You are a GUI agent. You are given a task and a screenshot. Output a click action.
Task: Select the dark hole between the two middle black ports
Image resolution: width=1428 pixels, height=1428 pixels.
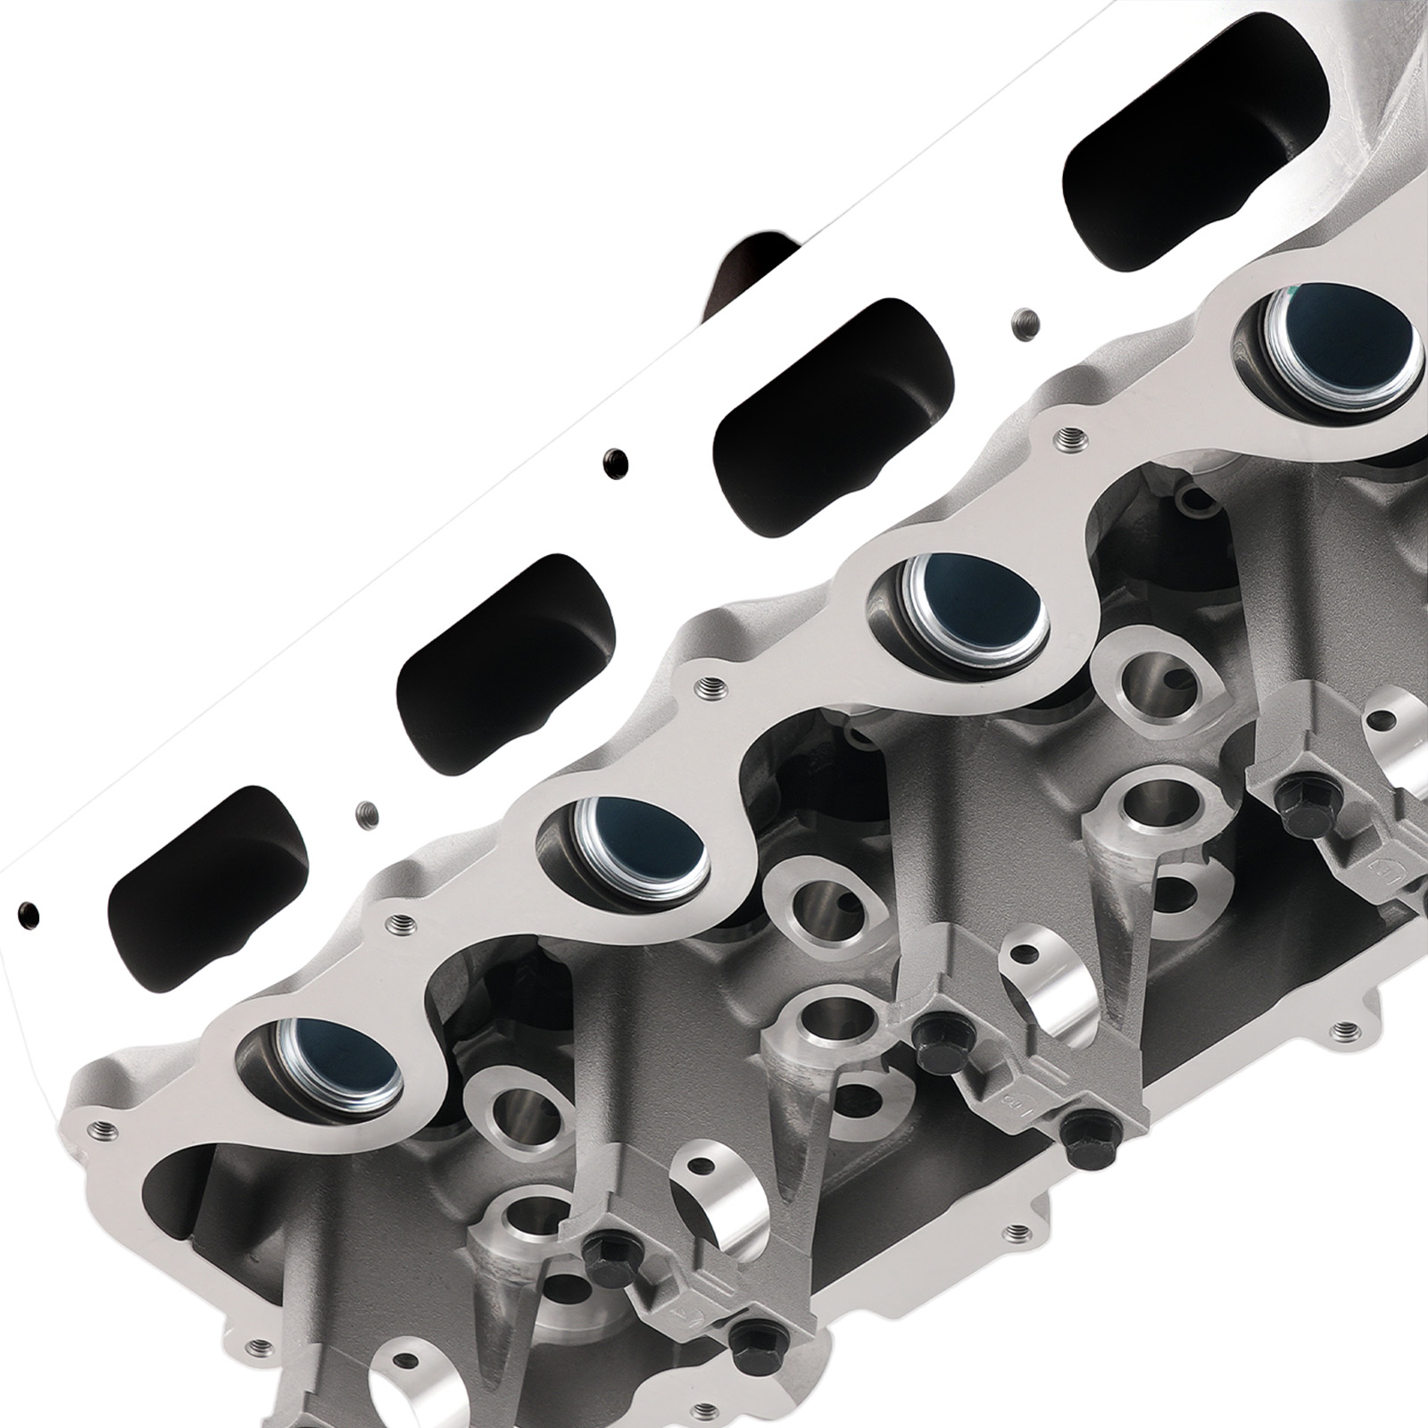pos(614,461)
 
